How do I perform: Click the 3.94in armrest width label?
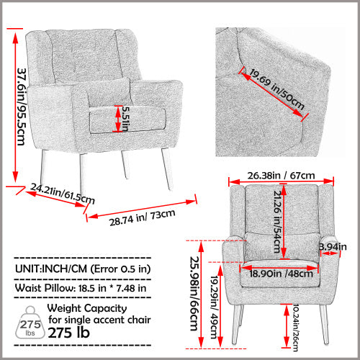[333, 247]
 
